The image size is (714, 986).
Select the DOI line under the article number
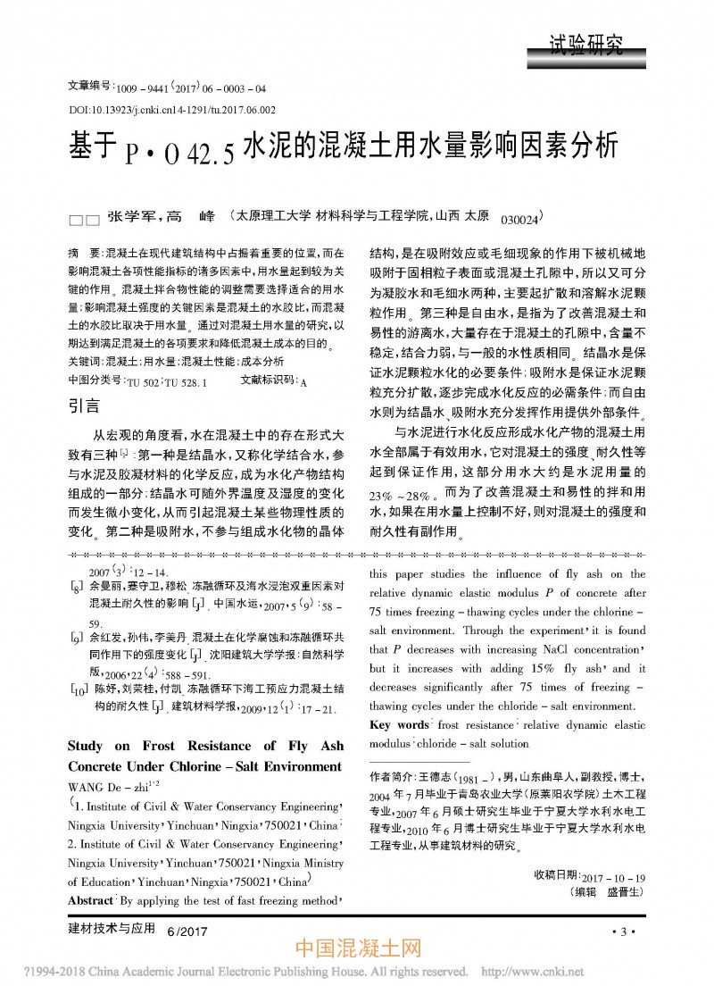(171, 110)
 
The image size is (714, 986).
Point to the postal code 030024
(519, 219)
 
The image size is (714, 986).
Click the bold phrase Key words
(399, 725)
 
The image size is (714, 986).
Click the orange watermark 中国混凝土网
(356, 950)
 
